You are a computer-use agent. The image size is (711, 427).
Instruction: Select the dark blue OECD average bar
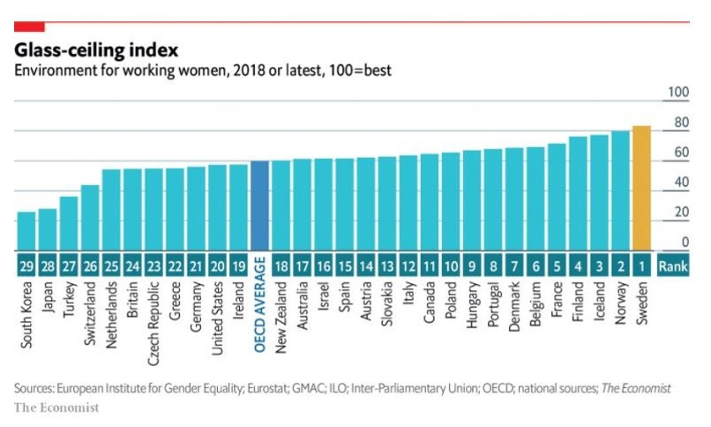tap(260, 206)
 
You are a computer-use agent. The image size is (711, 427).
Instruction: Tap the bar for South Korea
tap(26, 230)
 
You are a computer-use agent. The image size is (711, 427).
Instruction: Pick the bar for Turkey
tap(69, 223)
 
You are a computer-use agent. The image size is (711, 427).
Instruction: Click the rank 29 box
tap(26, 263)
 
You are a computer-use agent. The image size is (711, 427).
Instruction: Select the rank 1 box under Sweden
tap(642, 263)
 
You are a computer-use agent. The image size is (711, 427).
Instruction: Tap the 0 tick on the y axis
tap(683, 243)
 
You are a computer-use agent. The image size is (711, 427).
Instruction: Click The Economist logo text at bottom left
tap(56, 407)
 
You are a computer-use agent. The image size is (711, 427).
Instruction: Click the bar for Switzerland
tap(90, 217)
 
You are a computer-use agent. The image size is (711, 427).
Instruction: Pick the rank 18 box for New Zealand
tap(281, 263)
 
